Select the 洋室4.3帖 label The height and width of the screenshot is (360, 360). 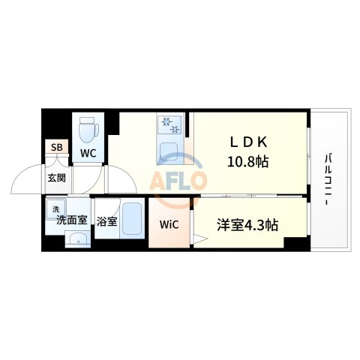coord(248,223)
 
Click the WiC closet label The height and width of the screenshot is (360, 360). coord(168,224)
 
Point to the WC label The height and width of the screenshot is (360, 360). coord(88,153)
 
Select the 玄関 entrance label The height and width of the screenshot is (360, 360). coord(56,178)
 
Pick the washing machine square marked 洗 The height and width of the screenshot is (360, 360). coord(55,208)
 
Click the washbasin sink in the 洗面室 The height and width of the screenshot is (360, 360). coord(76,239)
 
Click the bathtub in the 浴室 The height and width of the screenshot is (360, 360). coord(134,220)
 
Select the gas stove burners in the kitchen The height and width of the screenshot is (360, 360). coord(169,125)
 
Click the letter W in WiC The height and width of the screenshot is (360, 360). coord(162,224)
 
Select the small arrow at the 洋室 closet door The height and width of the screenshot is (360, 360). coord(199,240)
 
